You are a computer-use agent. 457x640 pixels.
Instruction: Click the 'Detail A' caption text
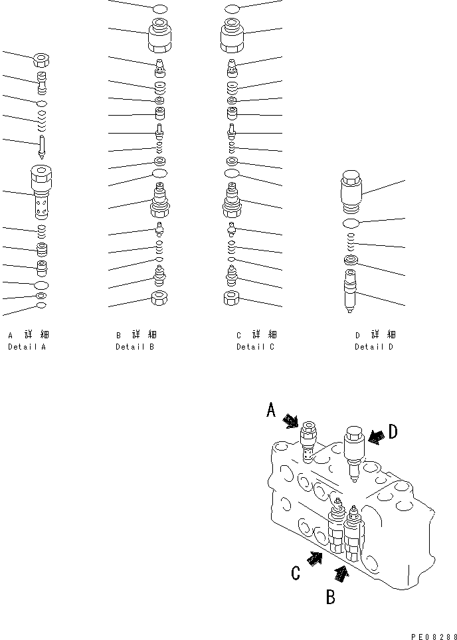point(27,347)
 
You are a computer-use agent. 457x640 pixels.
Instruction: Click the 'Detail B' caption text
point(135,347)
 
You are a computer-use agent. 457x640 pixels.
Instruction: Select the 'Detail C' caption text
point(255,347)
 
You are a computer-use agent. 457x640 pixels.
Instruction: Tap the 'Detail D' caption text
point(374,347)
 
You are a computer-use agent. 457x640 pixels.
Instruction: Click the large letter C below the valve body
point(296,572)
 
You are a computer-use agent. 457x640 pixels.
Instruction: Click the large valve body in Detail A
point(41,193)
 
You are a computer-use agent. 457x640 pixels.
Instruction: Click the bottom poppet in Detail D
point(351,290)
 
